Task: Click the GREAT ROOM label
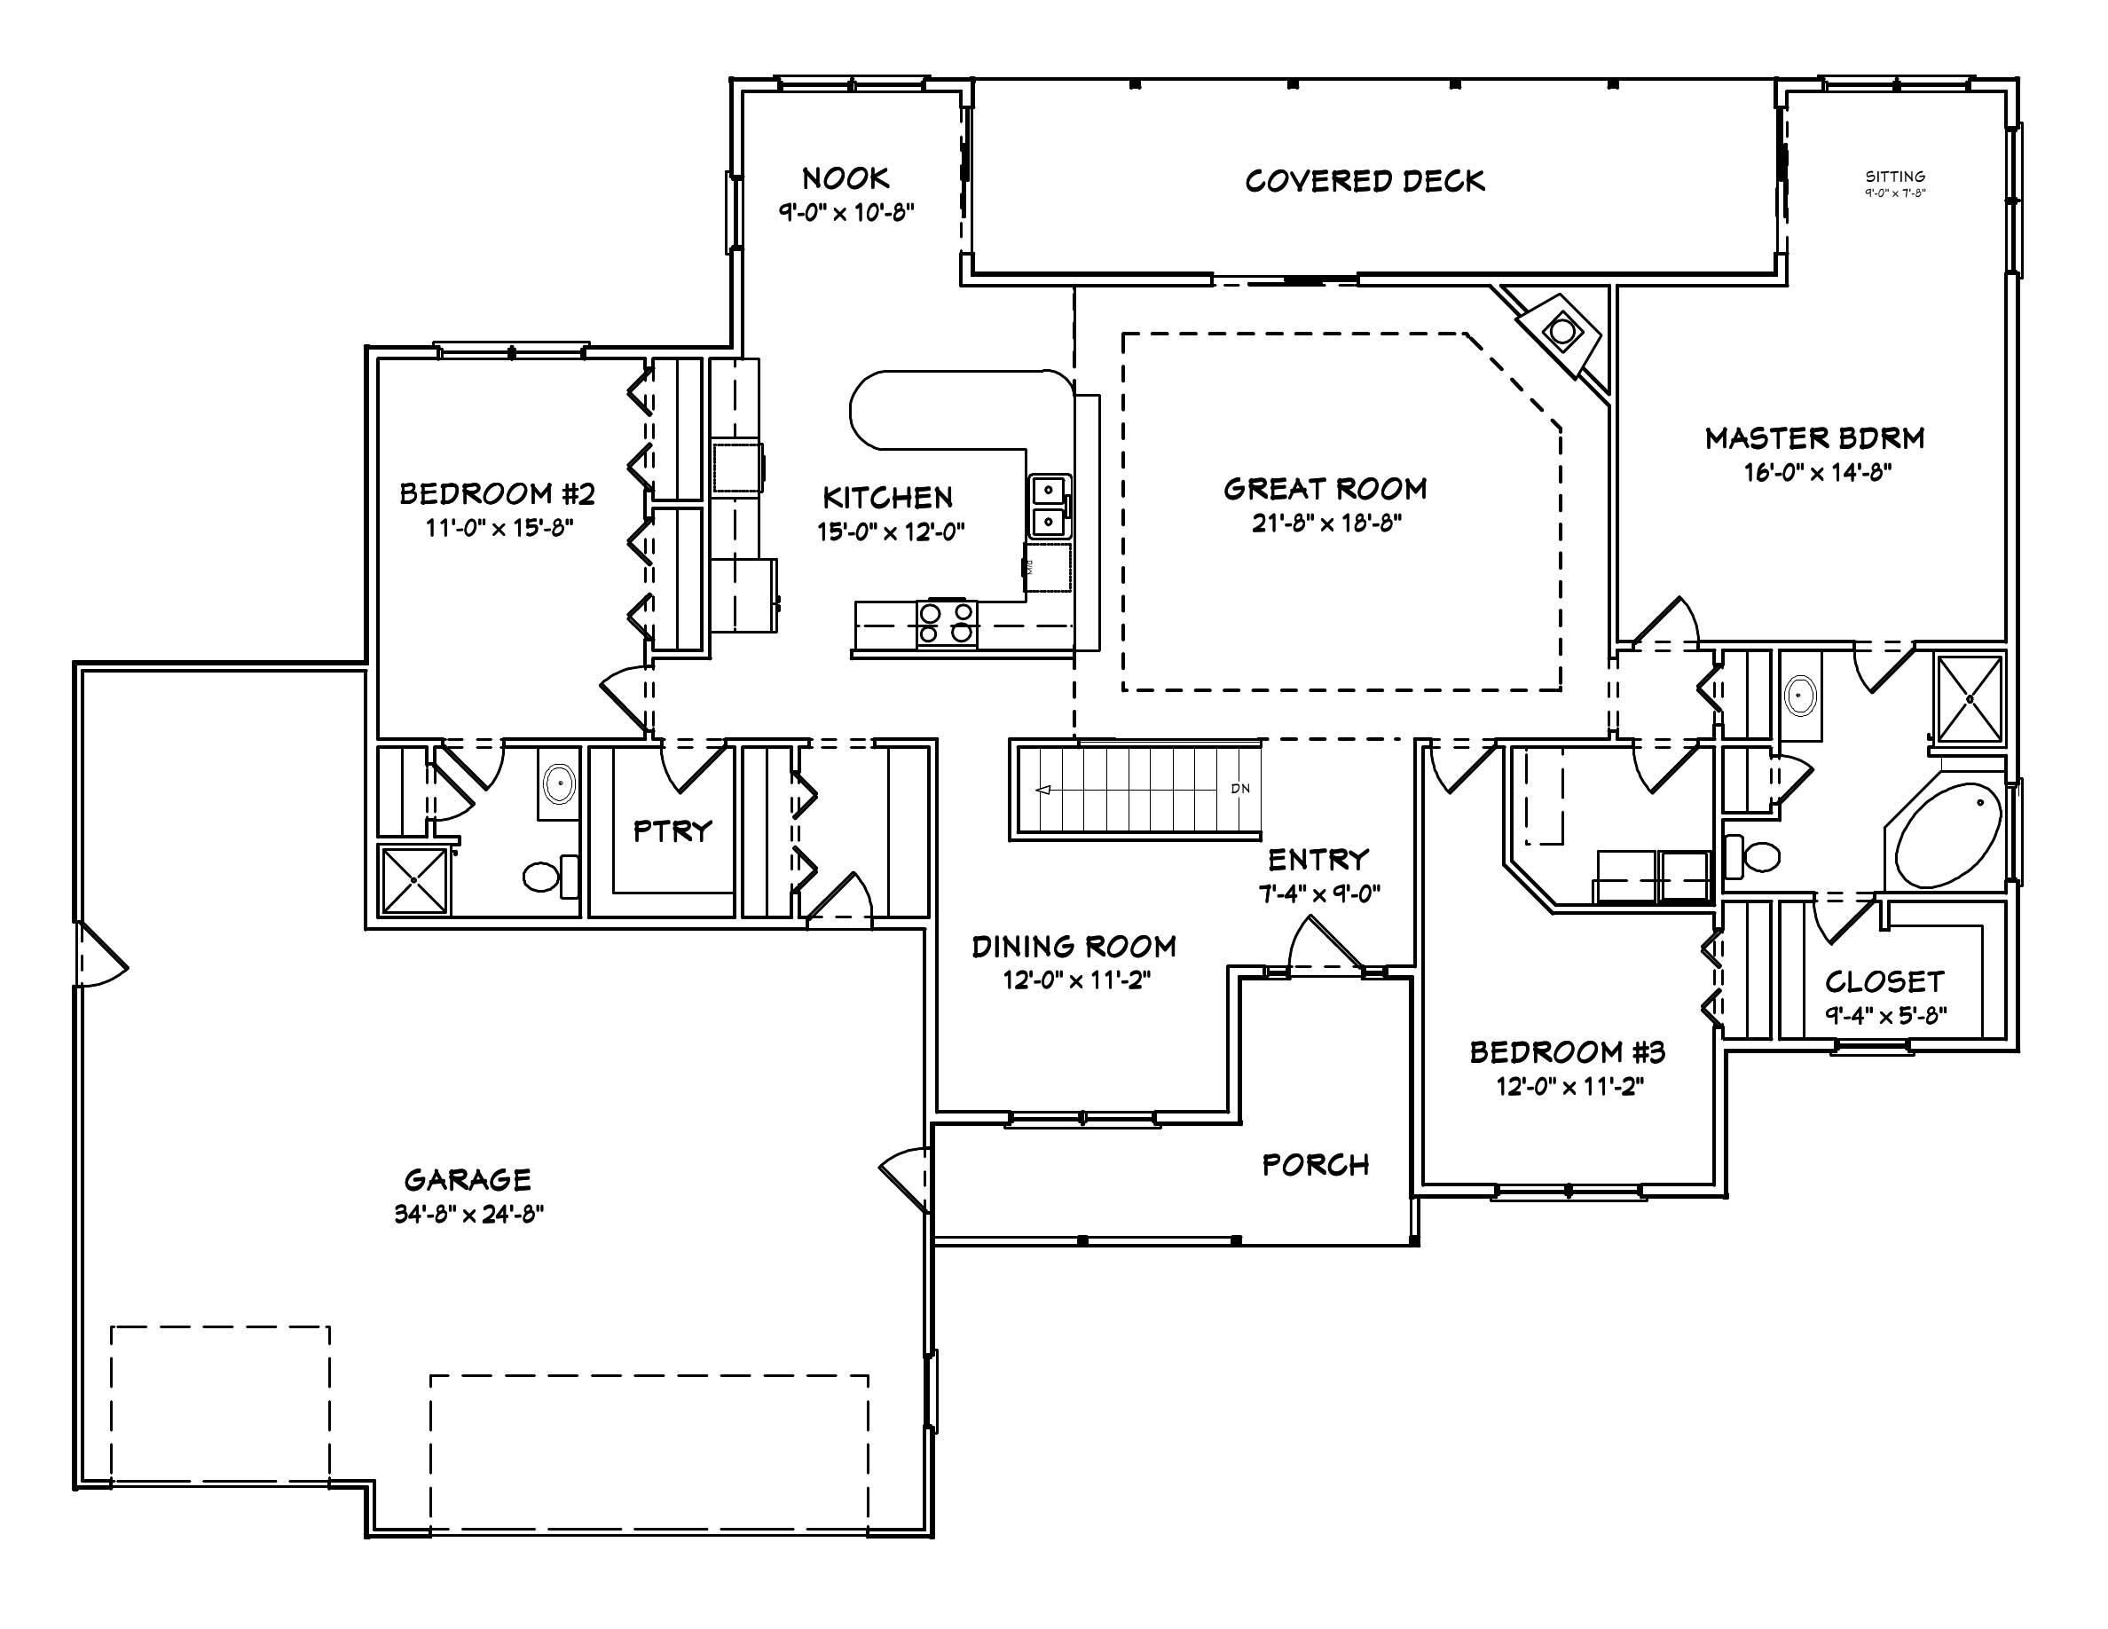(x=1325, y=489)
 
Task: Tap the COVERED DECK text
(x=1364, y=181)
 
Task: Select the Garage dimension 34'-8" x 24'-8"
(x=468, y=1214)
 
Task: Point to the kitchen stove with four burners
(x=946, y=623)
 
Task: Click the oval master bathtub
(x=1947, y=836)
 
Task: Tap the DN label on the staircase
(x=1240, y=789)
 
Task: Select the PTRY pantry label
(x=672, y=830)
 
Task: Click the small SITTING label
(x=1895, y=177)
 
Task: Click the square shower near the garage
(x=414, y=880)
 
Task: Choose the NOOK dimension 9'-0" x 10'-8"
(x=846, y=212)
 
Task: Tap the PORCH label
(x=1316, y=1165)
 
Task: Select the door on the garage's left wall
(x=99, y=955)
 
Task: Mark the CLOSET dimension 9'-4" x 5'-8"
(x=1885, y=1015)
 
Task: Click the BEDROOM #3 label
(x=1567, y=1052)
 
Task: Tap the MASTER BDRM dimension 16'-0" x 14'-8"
(x=1816, y=473)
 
